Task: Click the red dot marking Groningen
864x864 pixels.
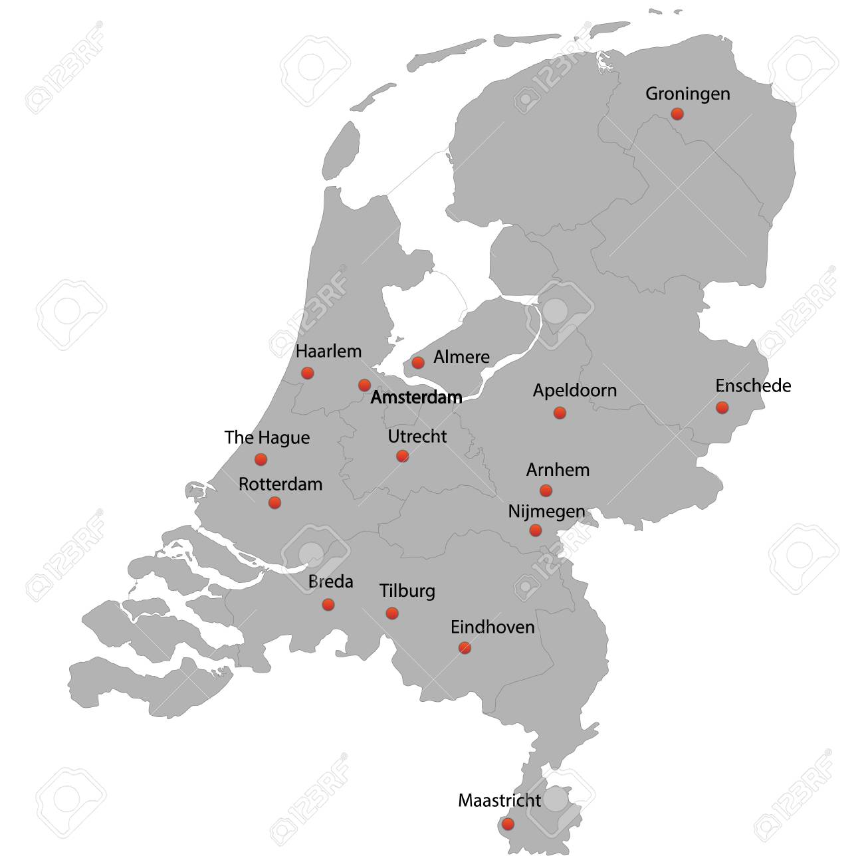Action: pyautogui.click(x=677, y=114)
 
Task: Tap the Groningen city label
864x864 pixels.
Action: pyautogui.click(x=687, y=94)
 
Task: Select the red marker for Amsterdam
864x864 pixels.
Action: pyautogui.click(x=364, y=385)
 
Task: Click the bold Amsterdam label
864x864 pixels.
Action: pyautogui.click(x=416, y=397)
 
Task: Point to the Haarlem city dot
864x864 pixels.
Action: pyautogui.click(x=307, y=373)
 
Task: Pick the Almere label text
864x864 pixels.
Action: pyautogui.click(x=461, y=357)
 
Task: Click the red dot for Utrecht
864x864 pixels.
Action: pyautogui.click(x=402, y=456)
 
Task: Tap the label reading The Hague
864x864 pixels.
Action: pyautogui.click(x=267, y=437)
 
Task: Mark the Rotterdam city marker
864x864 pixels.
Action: pyautogui.click(x=274, y=502)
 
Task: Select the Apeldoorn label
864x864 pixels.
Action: pyautogui.click(x=574, y=390)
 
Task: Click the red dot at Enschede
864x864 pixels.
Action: pyautogui.click(x=722, y=407)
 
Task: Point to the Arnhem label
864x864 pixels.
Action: pyautogui.click(x=558, y=470)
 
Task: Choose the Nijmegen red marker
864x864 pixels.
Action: pyautogui.click(x=535, y=530)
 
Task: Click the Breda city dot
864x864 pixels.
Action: pyautogui.click(x=328, y=605)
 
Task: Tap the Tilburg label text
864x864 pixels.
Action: pyautogui.click(x=407, y=591)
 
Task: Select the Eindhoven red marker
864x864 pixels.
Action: pyautogui.click(x=465, y=648)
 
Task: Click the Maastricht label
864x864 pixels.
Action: pyautogui.click(x=499, y=801)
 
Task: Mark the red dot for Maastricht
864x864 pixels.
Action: pyautogui.click(x=508, y=824)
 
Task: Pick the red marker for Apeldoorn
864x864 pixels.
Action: pyautogui.click(x=560, y=413)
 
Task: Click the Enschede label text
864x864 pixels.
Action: pyautogui.click(x=753, y=385)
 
